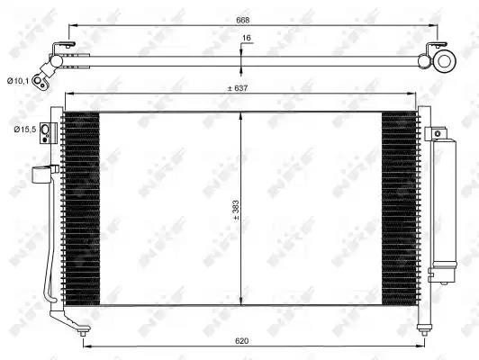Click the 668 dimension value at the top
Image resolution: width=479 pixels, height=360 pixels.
(x=243, y=20)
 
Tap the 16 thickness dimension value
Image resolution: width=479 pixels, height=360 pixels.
(x=247, y=38)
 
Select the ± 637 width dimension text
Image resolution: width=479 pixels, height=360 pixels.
(x=238, y=88)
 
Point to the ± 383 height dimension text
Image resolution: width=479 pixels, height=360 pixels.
(x=236, y=211)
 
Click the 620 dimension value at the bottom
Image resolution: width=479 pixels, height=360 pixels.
(x=242, y=341)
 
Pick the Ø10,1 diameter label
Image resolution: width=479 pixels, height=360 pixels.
(x=18, y=81)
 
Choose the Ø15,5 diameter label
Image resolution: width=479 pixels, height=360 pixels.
(x=24, y=130)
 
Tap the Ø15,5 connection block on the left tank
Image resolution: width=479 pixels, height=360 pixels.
(x=49, y=133)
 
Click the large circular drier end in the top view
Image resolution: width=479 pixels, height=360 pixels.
(x=444, y=61)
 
